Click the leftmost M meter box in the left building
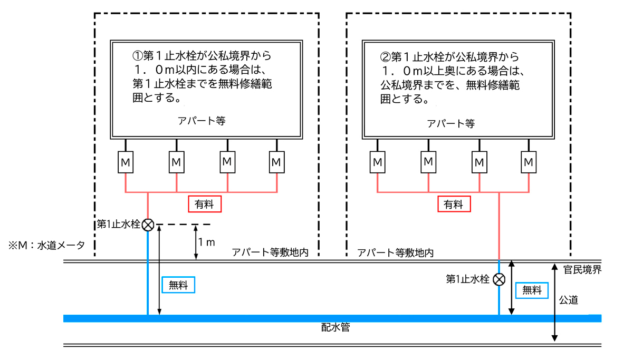pos(126,161)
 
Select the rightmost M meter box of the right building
pos(529,161)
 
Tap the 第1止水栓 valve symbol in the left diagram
pos(148,225)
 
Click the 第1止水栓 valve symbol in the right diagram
pos(499,279)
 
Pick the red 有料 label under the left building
pos(204,204)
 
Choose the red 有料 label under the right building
pos(454,204)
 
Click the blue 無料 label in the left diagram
pos(179,285)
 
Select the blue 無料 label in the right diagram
pos(532,290)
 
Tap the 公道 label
pos(569,300)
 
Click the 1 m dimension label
pos(206,242)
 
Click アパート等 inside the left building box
pos(202,120)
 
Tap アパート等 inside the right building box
pos(451,123)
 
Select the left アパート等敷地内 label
pos(270,252)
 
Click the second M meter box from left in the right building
pos(428,161)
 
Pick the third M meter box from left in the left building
pos(227,161)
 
